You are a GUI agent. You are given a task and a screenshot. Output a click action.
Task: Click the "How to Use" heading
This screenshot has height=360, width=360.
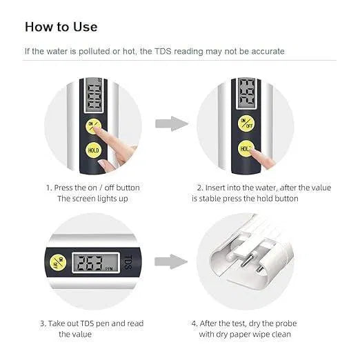click(x=61, y=27)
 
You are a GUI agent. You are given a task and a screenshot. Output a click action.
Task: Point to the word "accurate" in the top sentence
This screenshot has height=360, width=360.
click(x=265, y=51)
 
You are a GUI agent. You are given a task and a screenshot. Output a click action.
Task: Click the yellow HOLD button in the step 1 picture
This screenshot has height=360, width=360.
click(x=92, y=149)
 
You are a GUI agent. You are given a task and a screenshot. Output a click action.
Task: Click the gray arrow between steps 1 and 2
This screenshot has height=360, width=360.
click(x=170, y=124)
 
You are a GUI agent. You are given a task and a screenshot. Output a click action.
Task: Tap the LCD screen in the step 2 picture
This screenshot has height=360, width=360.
click(x=246, y=94)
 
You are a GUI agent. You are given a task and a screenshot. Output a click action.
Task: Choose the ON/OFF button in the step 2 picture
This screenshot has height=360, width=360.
click(x=246, y=123)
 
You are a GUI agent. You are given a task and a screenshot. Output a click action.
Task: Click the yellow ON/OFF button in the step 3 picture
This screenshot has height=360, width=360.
click(x=59, y=262)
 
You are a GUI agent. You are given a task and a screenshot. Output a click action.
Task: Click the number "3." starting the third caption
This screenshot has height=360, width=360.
click(x=43, y=323)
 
